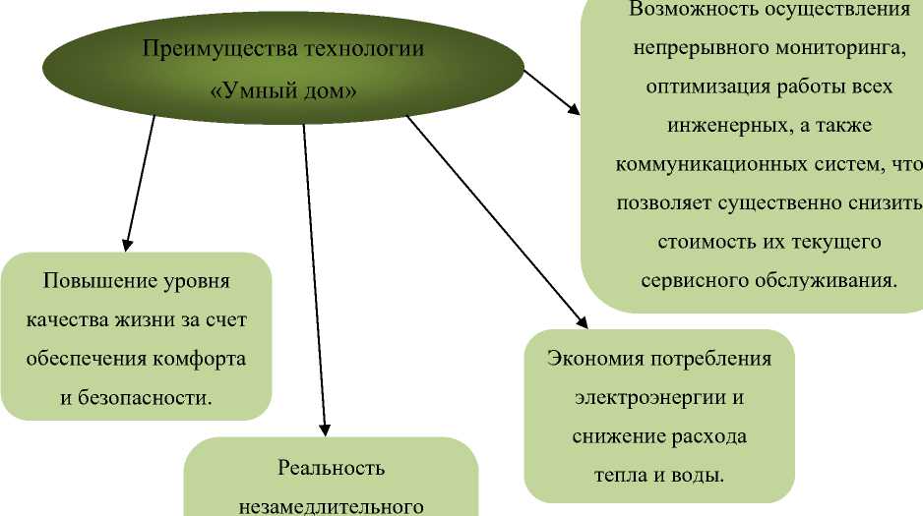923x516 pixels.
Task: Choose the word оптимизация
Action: pos(704,86)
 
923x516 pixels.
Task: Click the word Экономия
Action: pos(594,358)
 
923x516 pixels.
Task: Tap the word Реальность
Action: pos(330,468)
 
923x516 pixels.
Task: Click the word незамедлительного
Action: pos(331,507)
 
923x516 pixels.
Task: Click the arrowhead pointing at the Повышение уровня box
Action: pos(126,243)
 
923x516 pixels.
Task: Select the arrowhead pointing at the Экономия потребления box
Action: pos(581,321)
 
